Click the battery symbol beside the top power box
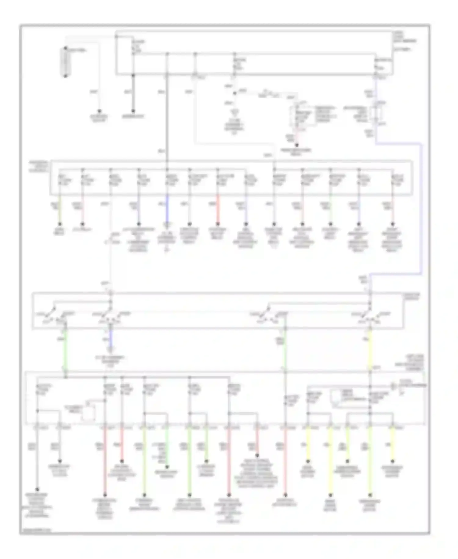(x=65, y=62)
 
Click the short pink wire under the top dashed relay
(x=296, y=136)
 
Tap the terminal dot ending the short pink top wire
(x=296, y=145)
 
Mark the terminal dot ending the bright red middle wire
(x=218, y=224)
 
